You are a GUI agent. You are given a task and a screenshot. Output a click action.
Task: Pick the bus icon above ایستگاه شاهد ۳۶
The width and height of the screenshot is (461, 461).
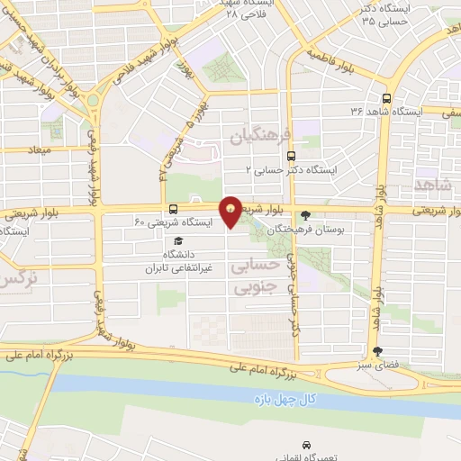pos(386,98)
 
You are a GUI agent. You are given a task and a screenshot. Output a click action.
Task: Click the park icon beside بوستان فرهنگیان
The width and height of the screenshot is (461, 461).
pos(308,214)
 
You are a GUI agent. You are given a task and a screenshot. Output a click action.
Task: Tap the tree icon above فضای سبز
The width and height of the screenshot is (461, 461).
pos(376,352)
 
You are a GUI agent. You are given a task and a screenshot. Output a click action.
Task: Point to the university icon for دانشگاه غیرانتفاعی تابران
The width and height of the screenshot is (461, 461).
pos(178,241)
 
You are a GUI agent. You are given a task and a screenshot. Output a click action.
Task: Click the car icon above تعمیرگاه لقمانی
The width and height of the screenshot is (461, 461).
pos(308,446)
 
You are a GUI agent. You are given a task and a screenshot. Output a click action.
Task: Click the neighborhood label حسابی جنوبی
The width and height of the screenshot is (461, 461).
pos(251,278)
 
